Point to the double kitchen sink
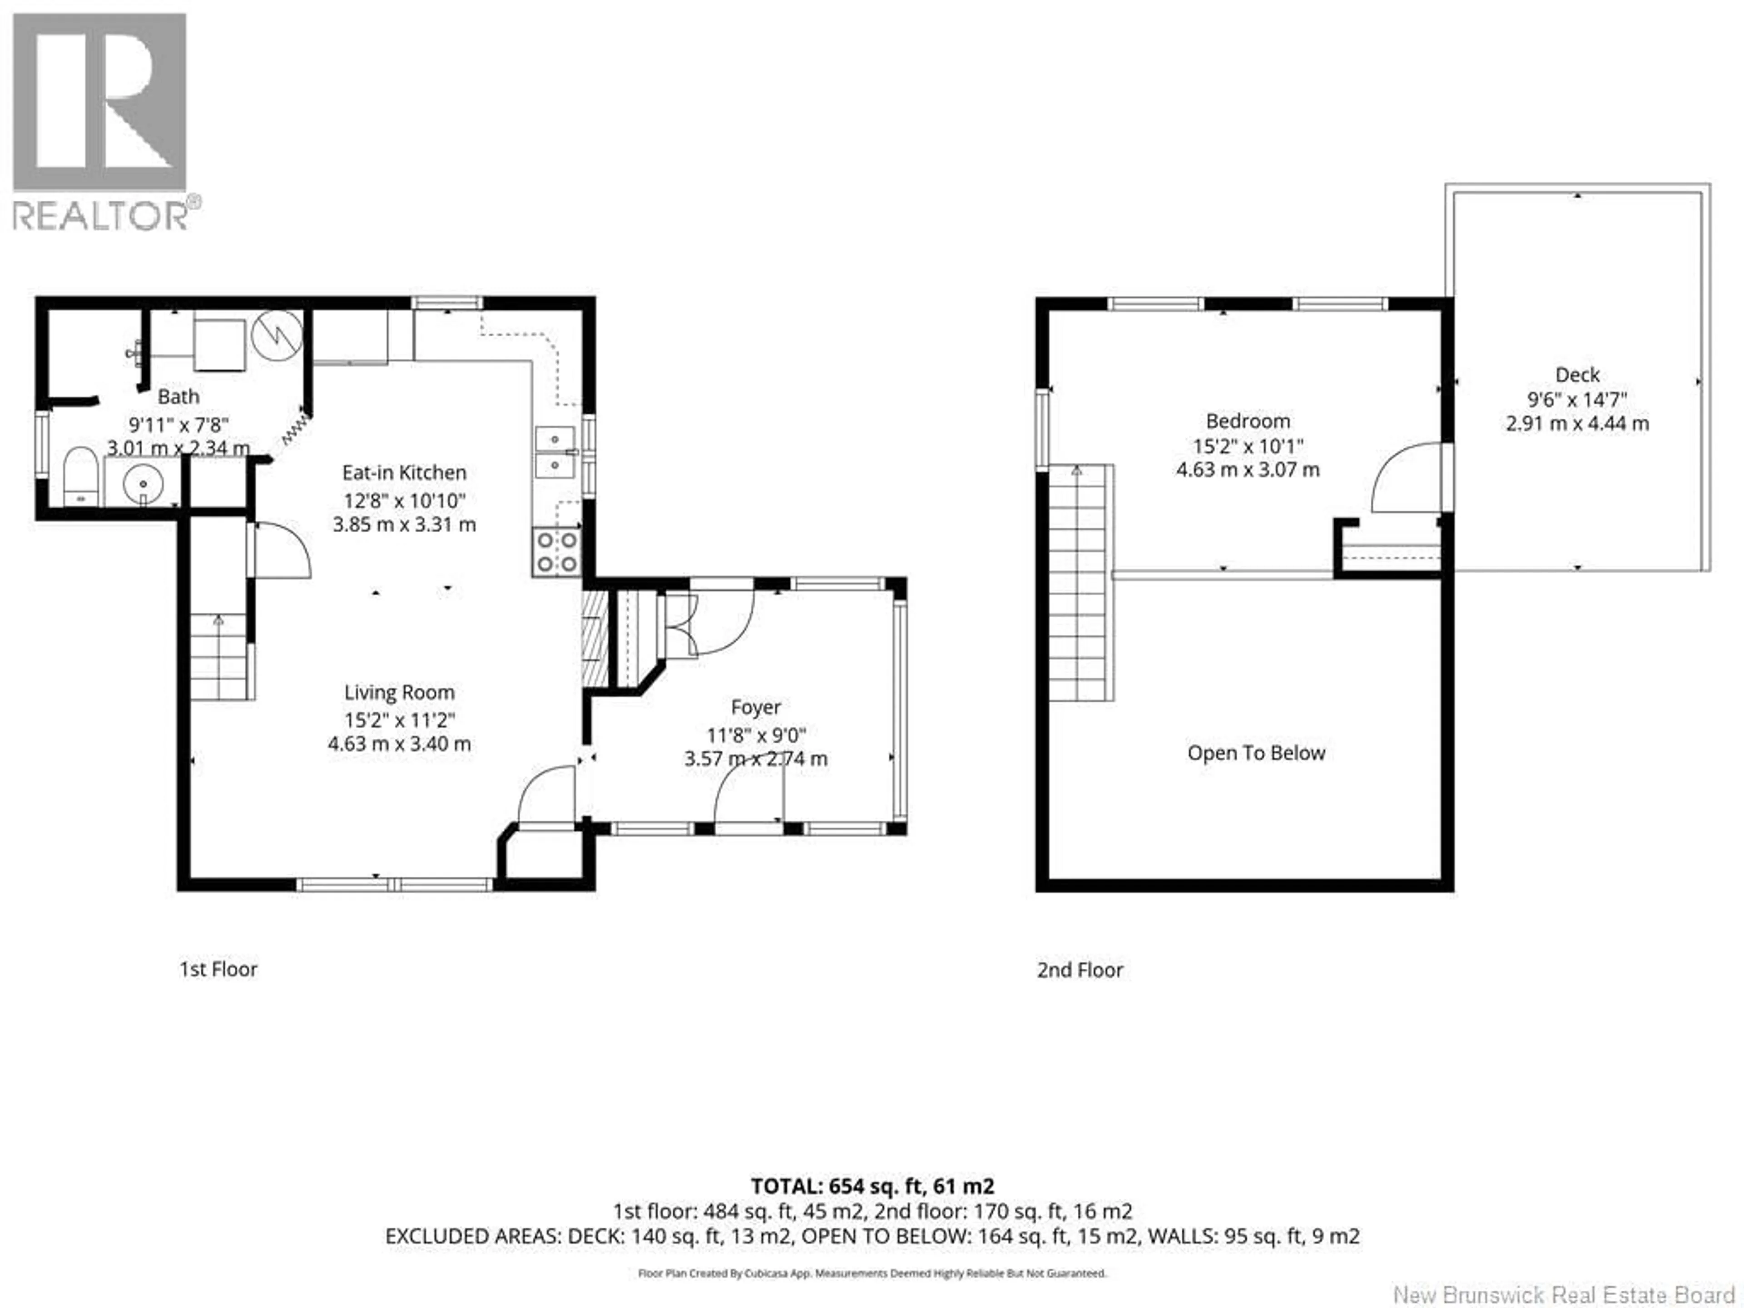556,452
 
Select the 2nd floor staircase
1080,584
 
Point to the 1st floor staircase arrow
218,620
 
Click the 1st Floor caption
218,969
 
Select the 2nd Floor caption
1080,970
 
